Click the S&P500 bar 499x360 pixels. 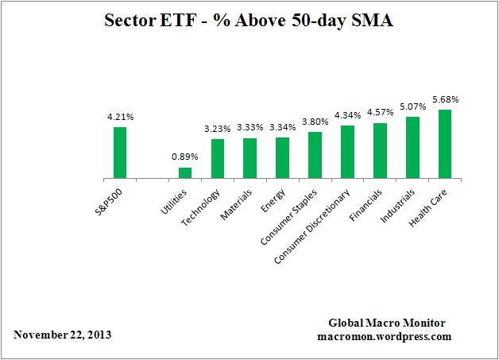tap(120, 153)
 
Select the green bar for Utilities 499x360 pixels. tap(185, 173)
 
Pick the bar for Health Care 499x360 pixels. tap(445, 144)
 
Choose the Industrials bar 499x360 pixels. tap(412, 148)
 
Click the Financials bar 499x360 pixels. tap(380, 151)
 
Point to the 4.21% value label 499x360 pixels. tap(120, 117)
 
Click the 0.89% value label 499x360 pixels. tap(185, 157)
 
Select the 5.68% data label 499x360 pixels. tap(445, 99)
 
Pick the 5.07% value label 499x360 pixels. tap(412, 107)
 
